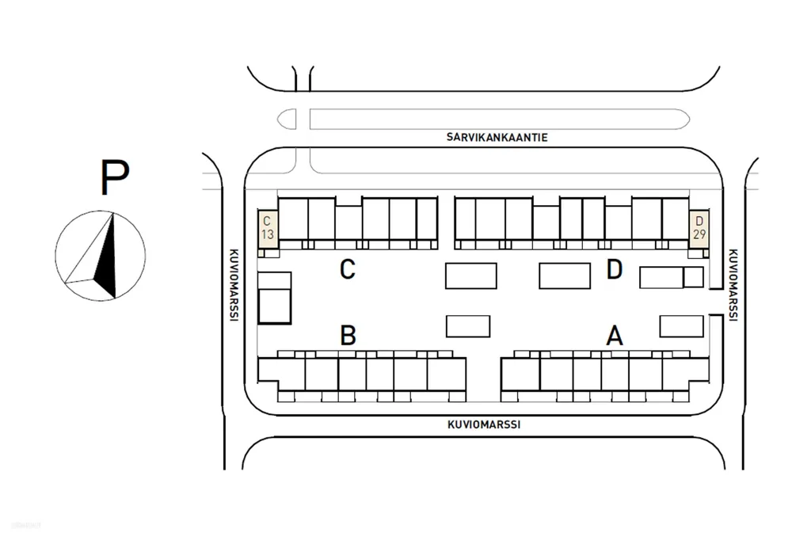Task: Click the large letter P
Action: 114,177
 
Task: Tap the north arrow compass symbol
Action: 101,256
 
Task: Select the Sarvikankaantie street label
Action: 497,137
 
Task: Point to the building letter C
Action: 348,269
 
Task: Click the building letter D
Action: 615,269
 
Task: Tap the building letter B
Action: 348,335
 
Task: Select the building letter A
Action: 615,335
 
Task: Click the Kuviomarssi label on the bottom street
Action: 484,424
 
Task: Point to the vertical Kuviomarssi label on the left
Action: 234,285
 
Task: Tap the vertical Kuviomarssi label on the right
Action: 733,285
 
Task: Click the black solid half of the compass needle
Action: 107,259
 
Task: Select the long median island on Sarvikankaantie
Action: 500,119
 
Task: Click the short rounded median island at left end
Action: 287,119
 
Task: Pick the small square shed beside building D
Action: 694,277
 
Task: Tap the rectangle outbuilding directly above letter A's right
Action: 682,326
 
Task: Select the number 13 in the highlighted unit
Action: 268,235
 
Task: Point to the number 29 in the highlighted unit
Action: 699,235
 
